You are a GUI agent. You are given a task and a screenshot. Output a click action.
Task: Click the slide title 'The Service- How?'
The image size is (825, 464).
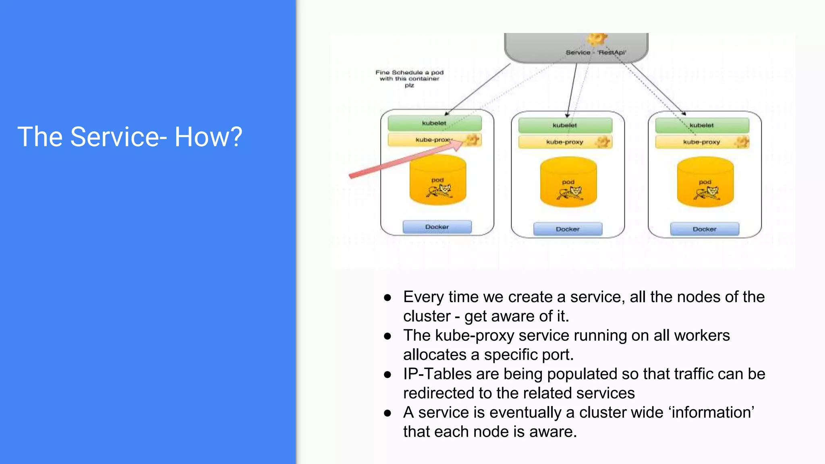tap(130, 137)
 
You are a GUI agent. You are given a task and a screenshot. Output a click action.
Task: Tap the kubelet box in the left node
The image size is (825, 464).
tap(434, 123)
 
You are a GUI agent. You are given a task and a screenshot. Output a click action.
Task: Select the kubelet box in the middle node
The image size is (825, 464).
tap(565, 125)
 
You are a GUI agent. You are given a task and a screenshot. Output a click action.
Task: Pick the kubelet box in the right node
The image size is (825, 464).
tap(702, 125)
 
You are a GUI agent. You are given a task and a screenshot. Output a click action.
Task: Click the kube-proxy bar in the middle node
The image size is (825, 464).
tap(564, 142)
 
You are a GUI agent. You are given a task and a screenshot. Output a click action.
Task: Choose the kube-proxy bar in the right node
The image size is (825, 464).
tap(701, 142)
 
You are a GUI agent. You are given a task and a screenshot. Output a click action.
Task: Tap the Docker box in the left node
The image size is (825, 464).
tap(437, 227)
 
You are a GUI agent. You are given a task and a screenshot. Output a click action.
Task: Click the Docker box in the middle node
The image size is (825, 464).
tap(568, 229)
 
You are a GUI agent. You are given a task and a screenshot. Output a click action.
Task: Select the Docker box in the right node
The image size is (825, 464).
tap(705, 229)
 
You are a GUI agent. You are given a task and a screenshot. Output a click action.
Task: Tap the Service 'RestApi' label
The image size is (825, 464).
tap(596, 52)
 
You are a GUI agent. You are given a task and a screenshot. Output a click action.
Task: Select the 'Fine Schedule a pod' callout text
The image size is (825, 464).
tap(409, 79)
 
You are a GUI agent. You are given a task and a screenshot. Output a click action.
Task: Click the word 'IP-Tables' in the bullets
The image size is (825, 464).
tap(437, 374)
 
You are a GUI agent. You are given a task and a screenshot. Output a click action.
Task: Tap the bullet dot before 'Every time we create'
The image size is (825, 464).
tap(388, 298)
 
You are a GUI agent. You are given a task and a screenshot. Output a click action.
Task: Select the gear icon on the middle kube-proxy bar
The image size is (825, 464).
tap(603, 141)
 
